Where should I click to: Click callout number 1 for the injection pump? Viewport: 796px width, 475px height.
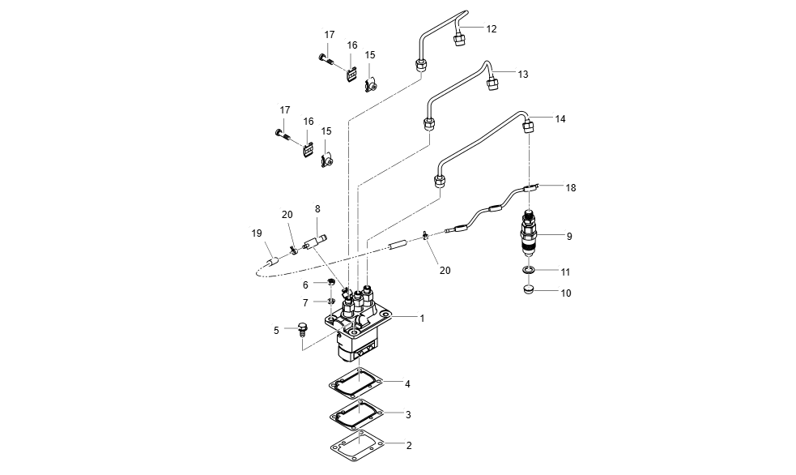coord(422,319)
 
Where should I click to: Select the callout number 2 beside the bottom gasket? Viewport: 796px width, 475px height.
coord(409,445)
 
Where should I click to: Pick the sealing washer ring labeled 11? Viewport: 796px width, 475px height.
coord(527,270)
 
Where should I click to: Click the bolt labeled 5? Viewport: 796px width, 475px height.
coord(303,329)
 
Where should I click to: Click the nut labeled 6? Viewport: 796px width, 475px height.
coord(331,282)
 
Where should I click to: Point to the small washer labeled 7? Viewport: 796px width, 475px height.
coord(331,301)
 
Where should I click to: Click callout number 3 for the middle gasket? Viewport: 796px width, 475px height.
coord(409,414)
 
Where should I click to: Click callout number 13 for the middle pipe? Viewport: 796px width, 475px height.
coord(522,74)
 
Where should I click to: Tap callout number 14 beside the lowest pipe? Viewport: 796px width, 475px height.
coord(560,118)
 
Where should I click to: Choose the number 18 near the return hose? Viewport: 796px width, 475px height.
coord(571,187)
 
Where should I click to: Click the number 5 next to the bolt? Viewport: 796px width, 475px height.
coord(276,330)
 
